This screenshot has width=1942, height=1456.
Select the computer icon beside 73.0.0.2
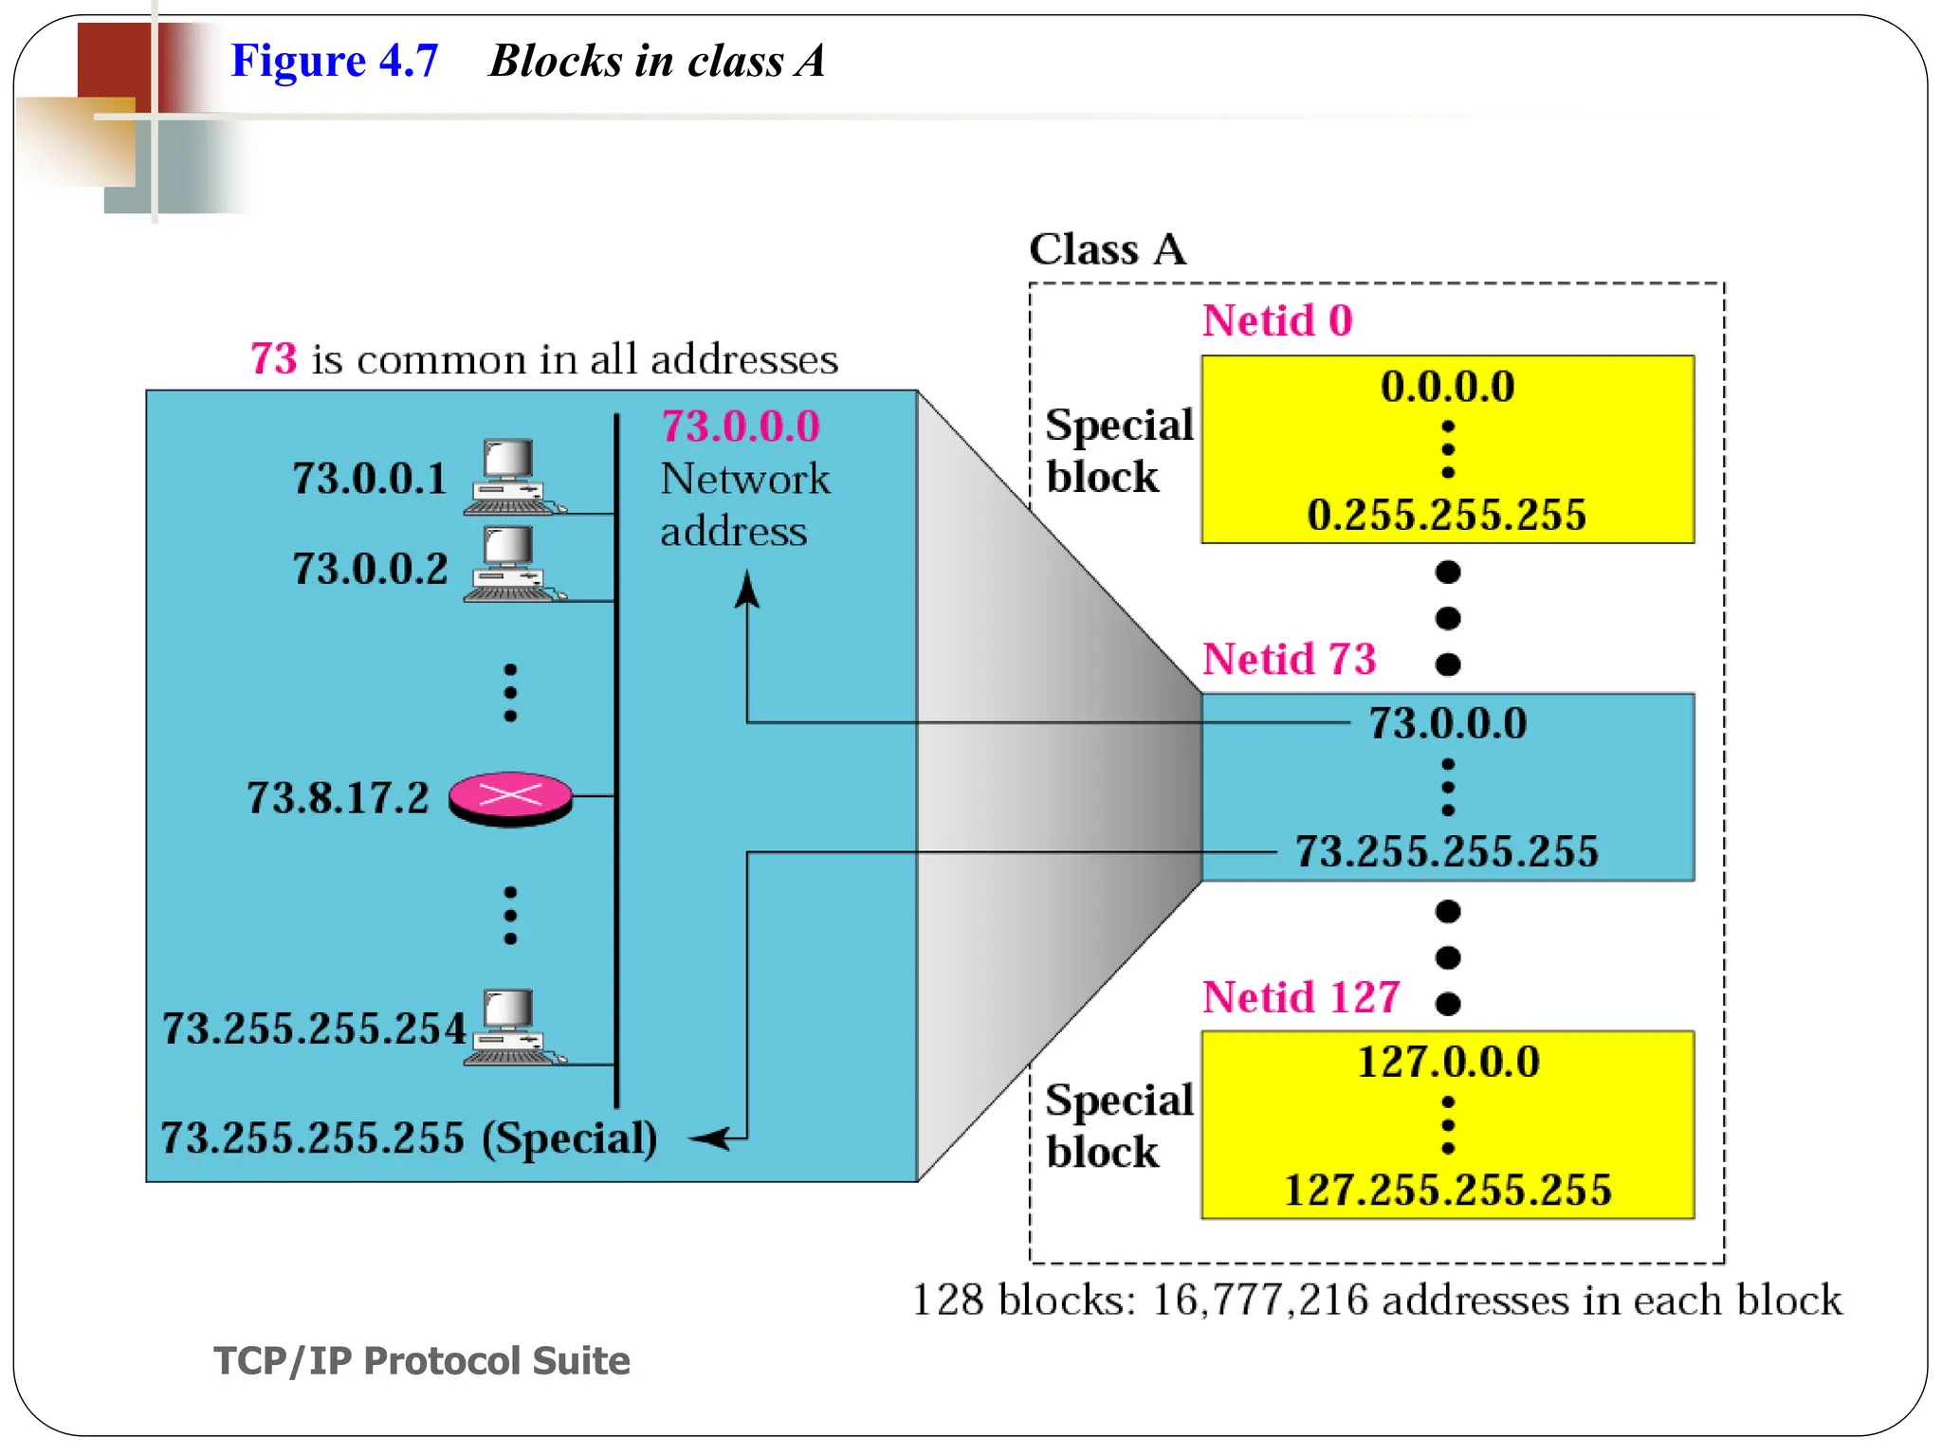[510, 565]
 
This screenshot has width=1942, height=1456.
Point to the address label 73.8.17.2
[338, 798]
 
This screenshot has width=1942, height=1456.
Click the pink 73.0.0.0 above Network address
[741, 427]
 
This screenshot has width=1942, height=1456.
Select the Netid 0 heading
[1276, 320]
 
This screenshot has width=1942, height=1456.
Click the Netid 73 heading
[1289, 659]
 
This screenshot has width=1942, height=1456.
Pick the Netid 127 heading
[1301, 997]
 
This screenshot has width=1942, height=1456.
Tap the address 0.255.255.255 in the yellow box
[1446, 515]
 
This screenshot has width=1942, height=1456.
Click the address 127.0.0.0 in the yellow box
[1448, 1062]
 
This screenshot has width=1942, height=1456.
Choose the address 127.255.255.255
[1447, 1190]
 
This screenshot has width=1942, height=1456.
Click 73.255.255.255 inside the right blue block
[1447, 851]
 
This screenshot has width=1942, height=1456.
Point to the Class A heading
[1107, 249]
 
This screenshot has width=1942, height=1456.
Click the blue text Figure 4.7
[335, 61]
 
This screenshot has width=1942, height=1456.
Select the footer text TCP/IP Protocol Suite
[421, 1360]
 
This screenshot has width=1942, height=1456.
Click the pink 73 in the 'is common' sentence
[273, 359]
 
